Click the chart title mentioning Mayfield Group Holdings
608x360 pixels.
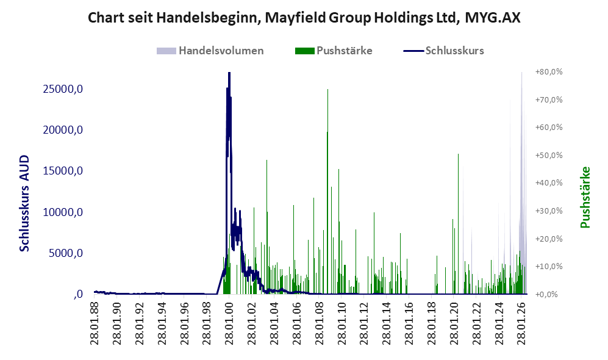click(x=304, y=18)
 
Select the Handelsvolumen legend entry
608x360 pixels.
click(x=210, y=51)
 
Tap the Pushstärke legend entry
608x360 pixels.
click(x=334, y=51)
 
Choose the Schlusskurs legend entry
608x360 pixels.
click(x=443, y=51)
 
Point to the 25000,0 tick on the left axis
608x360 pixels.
click(x=63, y=89)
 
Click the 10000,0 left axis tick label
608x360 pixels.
click(x=63, y=212)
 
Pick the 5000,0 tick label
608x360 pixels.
click(x=65, y=253)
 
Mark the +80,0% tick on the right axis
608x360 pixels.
click(x=549, y=72)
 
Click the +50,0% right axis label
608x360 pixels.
click(x=549, y=155)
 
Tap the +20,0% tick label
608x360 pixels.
click(x=549, y=239)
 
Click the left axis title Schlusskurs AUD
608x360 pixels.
click(x=24, y=203)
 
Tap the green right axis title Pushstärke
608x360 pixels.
click(x=585, y=197)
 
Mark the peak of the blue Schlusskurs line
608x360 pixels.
click(x=229, y=73)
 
